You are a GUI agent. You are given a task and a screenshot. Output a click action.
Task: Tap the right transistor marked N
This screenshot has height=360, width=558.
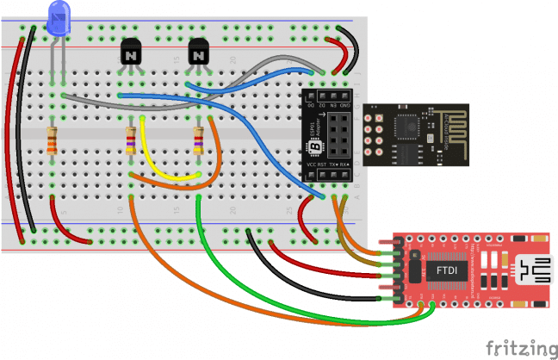pyautogui.click(x=199, y=53)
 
